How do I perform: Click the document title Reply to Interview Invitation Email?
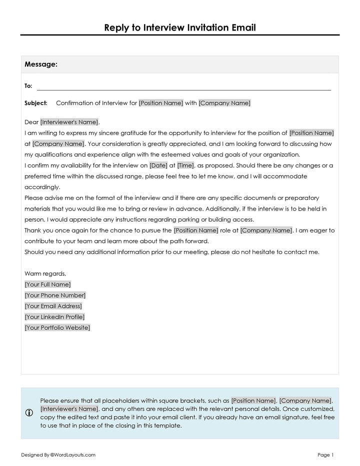tap(180, 27)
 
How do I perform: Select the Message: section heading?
tap(41, 64)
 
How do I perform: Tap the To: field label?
tap(28, 86)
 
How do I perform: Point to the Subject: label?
tap(36, 103)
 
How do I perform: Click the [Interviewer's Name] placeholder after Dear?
tap(69, 122)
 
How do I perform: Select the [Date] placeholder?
tap(158, 165)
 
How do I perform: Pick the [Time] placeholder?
tap(185, 165)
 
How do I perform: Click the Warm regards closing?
tap(45, 273)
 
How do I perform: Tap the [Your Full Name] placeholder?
tap(48, 284)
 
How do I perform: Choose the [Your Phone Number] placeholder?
tap(55, 295)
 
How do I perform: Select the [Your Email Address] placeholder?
tap(53, 306)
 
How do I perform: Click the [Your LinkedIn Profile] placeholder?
tap(55, 317)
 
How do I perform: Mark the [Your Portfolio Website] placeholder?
tap(57, 328)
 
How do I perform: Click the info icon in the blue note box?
tap(29, 413)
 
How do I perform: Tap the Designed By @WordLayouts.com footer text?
tap(58, 455)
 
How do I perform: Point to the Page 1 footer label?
tap(325, 455)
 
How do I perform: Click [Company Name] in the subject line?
tap(224, 103)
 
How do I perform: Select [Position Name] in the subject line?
tap(161, 103)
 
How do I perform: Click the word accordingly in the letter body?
tap(42, 187)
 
